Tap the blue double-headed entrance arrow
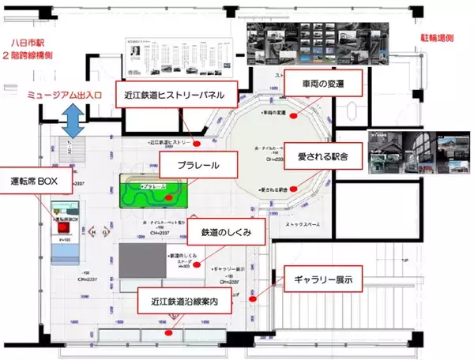75,121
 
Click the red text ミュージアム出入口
66,95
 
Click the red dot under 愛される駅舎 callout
294,189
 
